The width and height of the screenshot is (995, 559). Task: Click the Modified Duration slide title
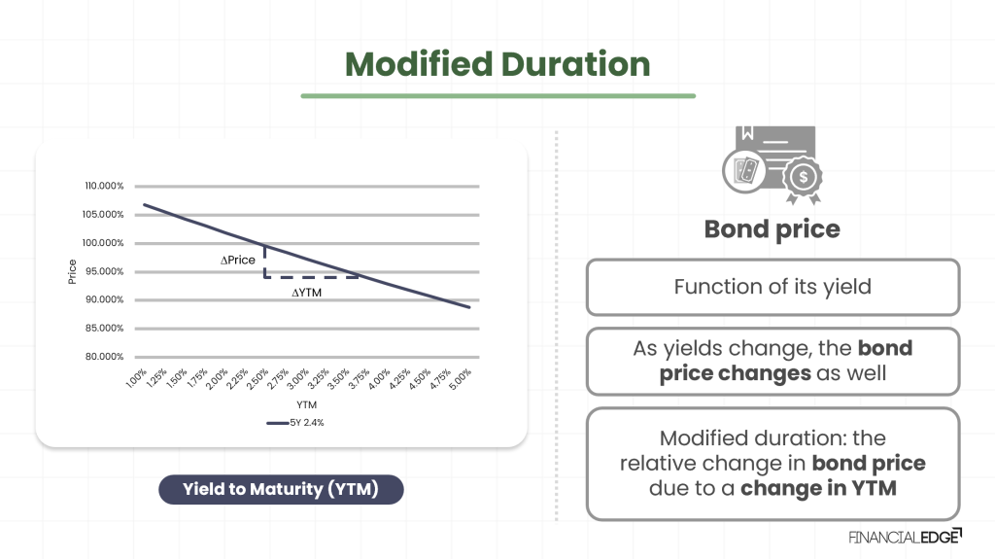(497, 64)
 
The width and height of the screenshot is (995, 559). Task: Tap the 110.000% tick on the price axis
(104, 186)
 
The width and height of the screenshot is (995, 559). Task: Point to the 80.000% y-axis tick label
(104, 357)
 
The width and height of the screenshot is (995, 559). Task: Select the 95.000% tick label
(104, 271)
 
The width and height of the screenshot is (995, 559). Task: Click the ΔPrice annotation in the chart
(239, 261)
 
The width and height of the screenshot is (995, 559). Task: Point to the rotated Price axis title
(73, 271)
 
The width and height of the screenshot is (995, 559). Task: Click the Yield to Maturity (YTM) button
(281, 489)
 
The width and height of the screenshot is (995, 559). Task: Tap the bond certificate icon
(772, 165)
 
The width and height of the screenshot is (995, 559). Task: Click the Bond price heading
(772, 229)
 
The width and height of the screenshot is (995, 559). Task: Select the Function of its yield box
(772, 287)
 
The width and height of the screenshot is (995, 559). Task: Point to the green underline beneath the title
(497, 96)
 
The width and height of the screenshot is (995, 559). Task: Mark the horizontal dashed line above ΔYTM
(313, 277)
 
